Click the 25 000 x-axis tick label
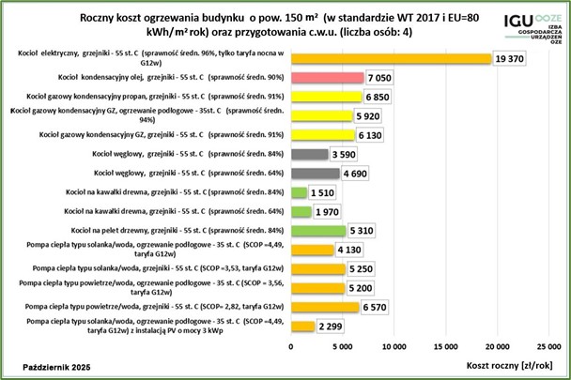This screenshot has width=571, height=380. click(547, 342)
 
